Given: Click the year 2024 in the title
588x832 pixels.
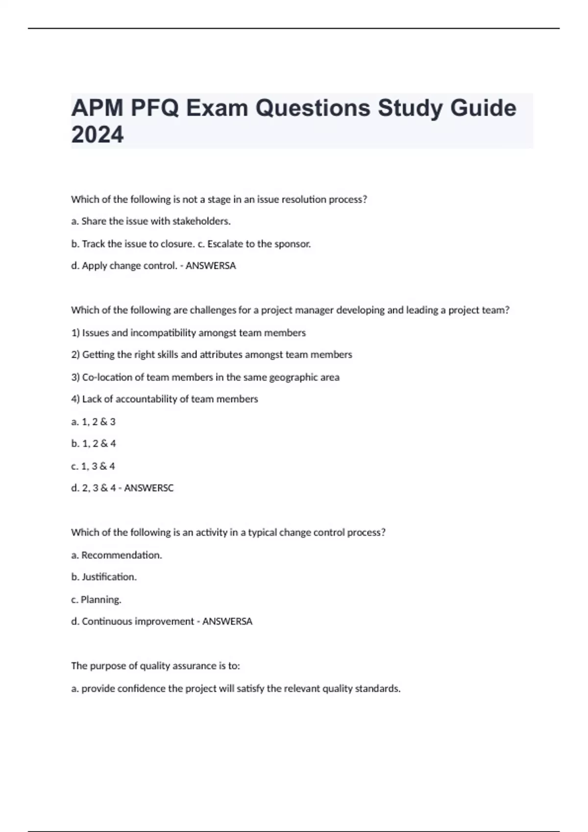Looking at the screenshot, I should pyautogui.click(x=97, y=135).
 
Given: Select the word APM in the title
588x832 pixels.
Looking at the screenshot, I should pyautogui.click(x=97, y=108).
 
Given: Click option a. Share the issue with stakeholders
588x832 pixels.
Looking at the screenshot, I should pyautogui.click(x=150, y=221).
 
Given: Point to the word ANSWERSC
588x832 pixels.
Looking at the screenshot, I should pyautogui.click(x=149, y=488).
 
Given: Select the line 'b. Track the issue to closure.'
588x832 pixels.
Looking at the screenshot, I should pyautogui.click(x=132, y=244).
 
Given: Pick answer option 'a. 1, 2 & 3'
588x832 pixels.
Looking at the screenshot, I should pyautogui.click(x=93, y=421).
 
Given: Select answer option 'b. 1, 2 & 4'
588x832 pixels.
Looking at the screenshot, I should pyautogui.click(x=93, y=443).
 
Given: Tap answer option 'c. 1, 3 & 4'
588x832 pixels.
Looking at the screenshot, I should pyautogui.click(x=93, y=466).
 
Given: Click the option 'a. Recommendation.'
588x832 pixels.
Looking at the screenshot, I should pyautogui.click(x=116, y=555).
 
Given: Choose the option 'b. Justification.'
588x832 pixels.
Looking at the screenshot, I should pyautogui.click(x=103, y=577).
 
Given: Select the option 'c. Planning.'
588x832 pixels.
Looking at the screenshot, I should pyautogui.click(x=96, y=600).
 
